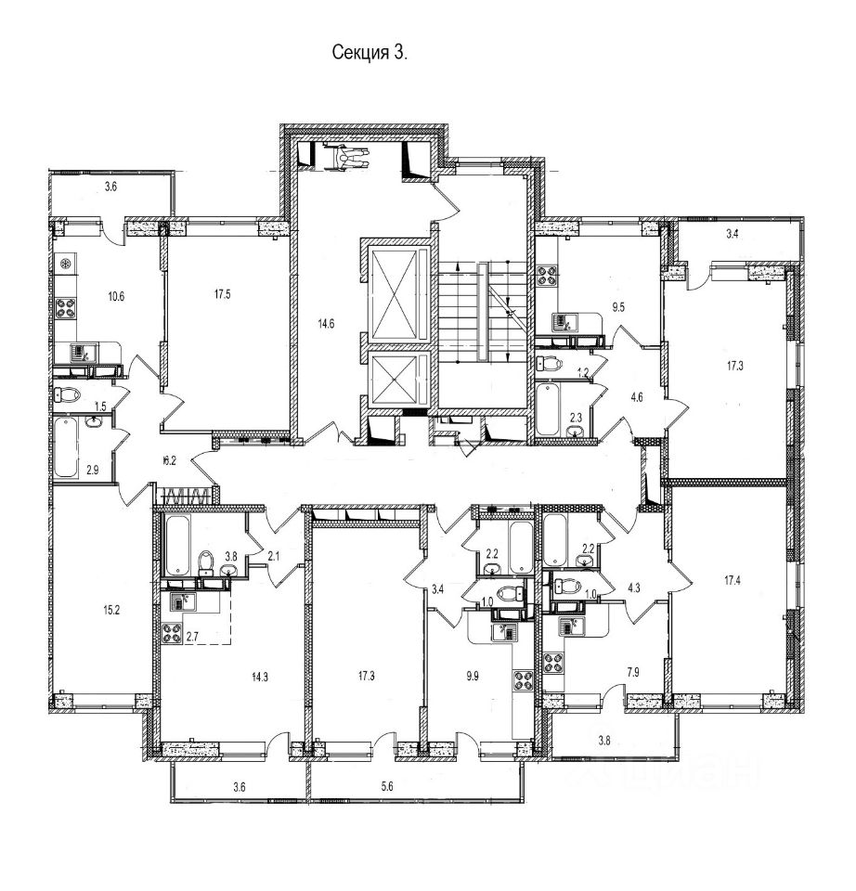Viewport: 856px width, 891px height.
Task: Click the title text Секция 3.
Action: coord(370,53)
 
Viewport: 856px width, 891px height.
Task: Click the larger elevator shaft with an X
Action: coord(397,292)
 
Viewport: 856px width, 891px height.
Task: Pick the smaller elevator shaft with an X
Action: coord(397,381)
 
